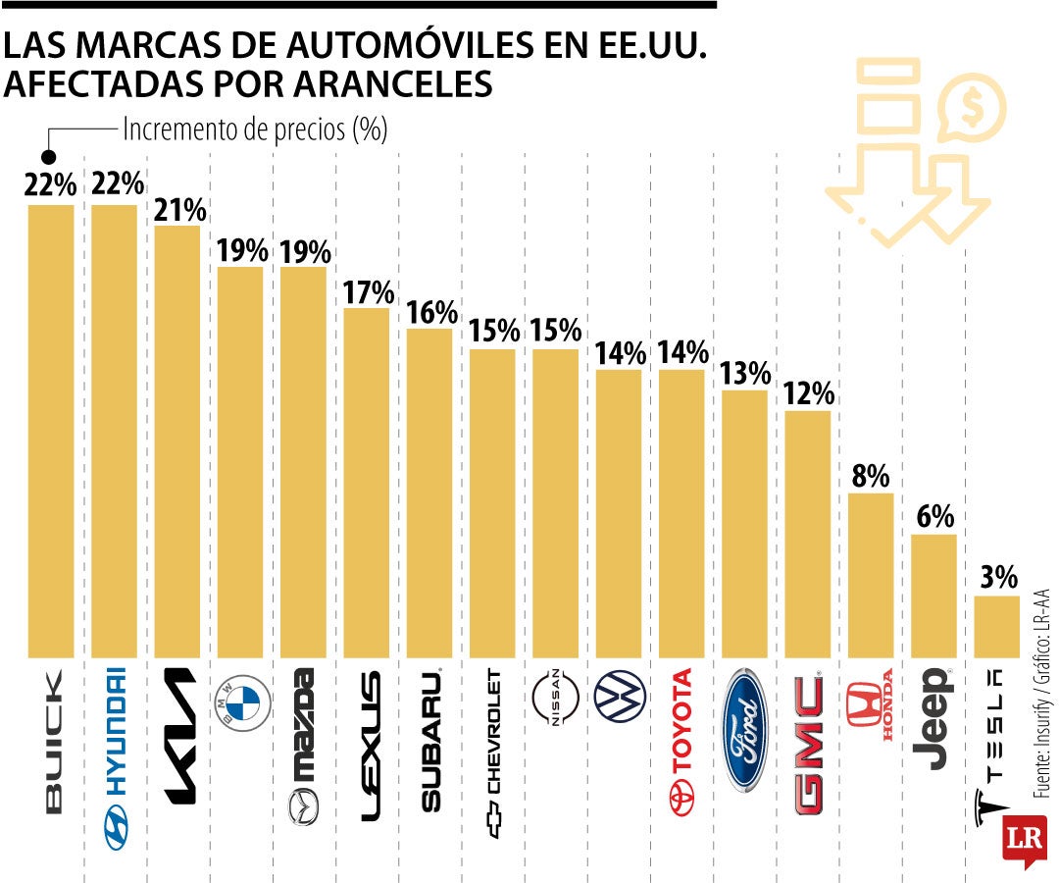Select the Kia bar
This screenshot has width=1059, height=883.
(177, 441)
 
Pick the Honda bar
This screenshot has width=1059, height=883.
(870, 574)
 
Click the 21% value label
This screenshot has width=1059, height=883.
(179, 210)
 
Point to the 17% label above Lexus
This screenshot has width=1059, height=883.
(369, 292)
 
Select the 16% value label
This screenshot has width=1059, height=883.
(432, 313)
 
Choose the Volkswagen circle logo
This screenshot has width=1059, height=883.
(620, 698)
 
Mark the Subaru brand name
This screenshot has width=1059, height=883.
(432, 740)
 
